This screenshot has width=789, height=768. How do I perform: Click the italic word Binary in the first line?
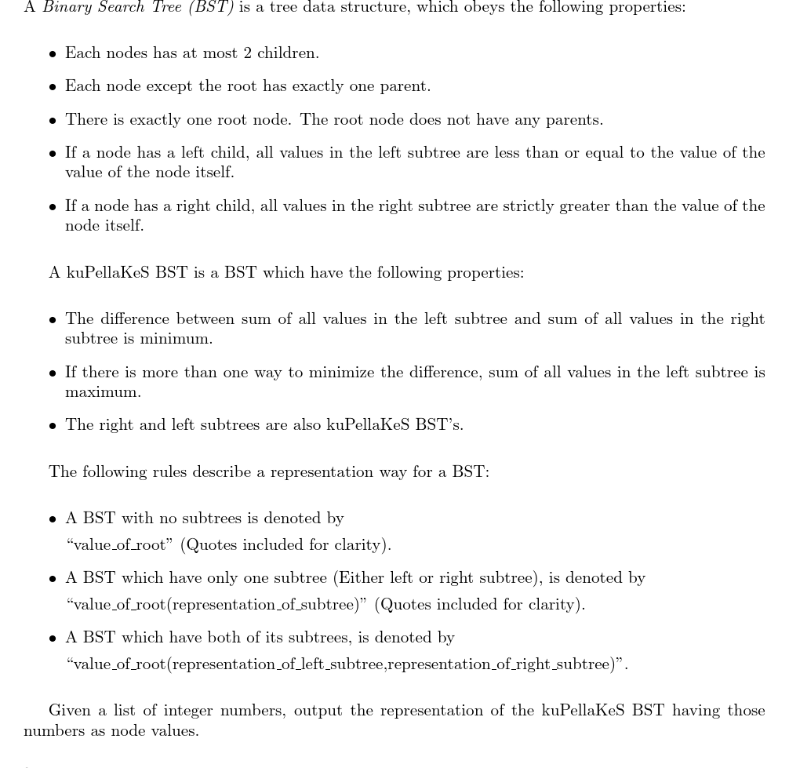65,7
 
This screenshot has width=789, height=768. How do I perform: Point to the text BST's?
439,425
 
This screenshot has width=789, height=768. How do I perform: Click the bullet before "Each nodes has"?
53,54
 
